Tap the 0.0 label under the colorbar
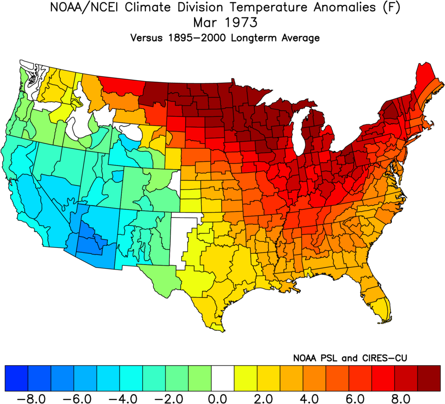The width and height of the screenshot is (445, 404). tap(223, 397)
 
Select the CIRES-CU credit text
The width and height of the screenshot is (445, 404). tap(386, 358)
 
